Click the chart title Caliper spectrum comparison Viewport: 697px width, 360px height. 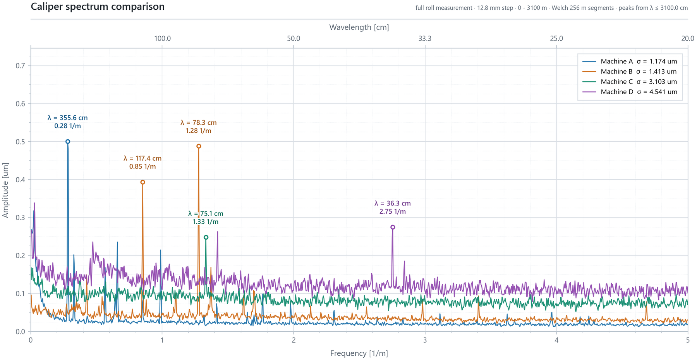(98, 7)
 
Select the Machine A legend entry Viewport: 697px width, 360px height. (630, 61)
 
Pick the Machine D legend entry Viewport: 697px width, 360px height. (630, 92)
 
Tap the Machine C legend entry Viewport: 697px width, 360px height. (630, 82)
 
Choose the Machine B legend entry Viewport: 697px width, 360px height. (630, 72)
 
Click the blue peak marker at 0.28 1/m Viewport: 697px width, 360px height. (68, 142)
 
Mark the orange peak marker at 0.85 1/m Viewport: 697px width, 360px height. (142, 182)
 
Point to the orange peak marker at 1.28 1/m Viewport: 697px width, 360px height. (199, 146)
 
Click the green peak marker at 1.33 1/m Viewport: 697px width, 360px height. (206, 237)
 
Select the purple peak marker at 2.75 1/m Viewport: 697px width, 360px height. (393, 227)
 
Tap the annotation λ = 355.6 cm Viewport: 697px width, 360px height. (68, 118)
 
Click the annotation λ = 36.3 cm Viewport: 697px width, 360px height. (393, 203)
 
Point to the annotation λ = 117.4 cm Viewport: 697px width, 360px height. (142, 158)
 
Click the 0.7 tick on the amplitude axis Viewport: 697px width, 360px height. (21, 66)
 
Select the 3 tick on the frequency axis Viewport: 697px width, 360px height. (425, 340)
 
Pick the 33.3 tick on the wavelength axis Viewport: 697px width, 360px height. (425, 39)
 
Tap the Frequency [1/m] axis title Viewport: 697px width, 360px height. (359, 353)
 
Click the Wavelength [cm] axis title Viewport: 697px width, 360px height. (359, 27)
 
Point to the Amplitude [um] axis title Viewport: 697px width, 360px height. (5, 190)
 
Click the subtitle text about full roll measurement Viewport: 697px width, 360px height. (552, 8)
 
